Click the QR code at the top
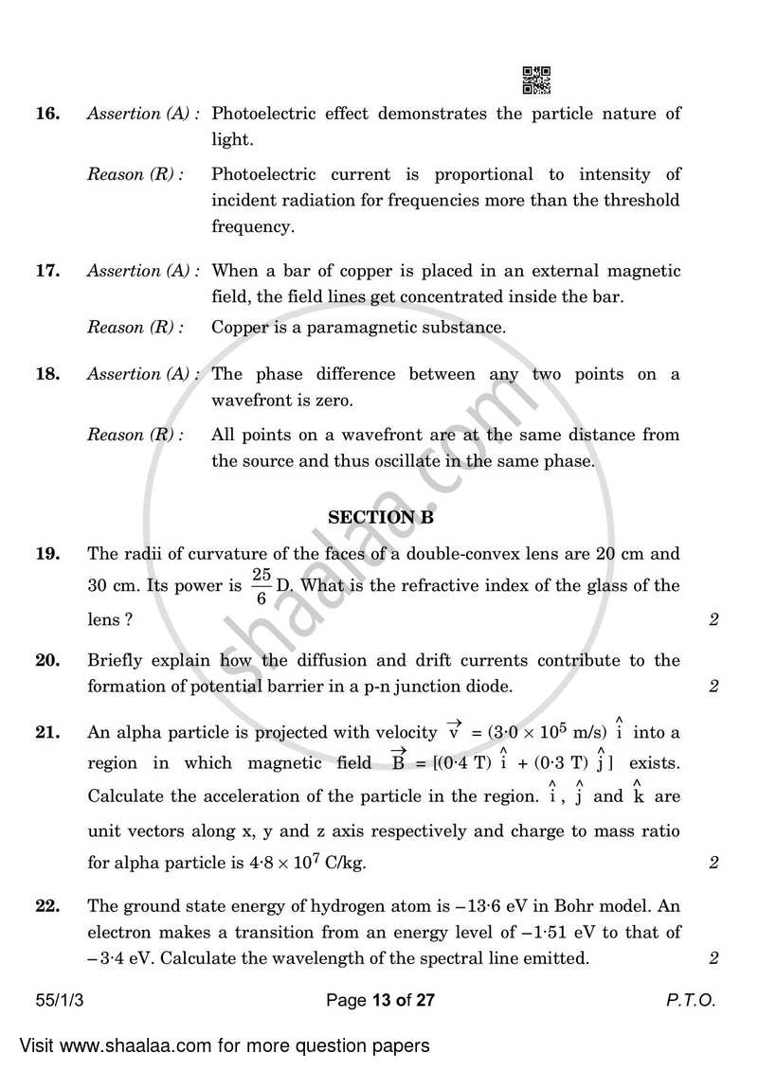click(537, 80)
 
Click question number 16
click(47, 114)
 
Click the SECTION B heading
click(372, 518)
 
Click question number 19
click(47, 553)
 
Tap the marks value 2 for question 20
click(713, 687)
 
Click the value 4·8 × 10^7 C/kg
click(302, 863)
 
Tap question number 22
click(47, 905)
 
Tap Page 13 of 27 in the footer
click(379, 1000)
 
